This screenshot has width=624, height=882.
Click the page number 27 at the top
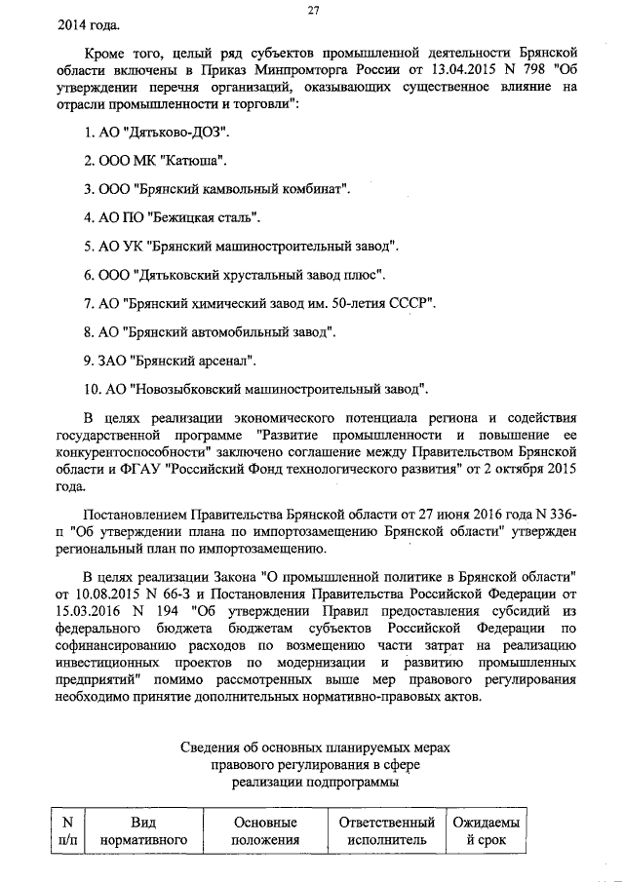click(x=314, y=10)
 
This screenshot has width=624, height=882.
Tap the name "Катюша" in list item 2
click(x=201, y=158)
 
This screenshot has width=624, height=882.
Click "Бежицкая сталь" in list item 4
click(x=206, y=216)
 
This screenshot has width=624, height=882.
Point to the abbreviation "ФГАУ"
click(x=146, y=466)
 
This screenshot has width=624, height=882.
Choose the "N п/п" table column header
click(x=67, y=830)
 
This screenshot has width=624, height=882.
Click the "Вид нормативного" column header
click(x=143, y=830)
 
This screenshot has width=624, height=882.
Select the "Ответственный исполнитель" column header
click(x=386, y=830)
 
